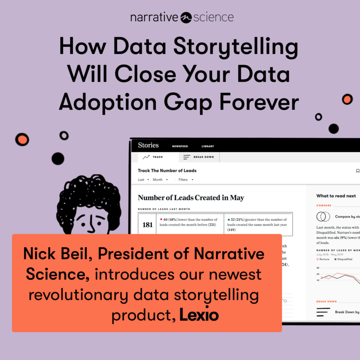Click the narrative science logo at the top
coord(182,18)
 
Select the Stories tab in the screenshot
coord(148,145)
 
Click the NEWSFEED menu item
coord(180,146)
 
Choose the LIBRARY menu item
coord(208,146)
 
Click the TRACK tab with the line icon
coord(153,157)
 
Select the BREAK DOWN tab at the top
coord(200,157)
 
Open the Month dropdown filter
coord(160,180)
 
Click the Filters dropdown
coord(185,180)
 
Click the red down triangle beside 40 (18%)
coord(161,219)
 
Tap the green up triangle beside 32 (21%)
coord(229,219)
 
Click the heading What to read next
coord(336,196)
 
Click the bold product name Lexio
coord(198,315)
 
